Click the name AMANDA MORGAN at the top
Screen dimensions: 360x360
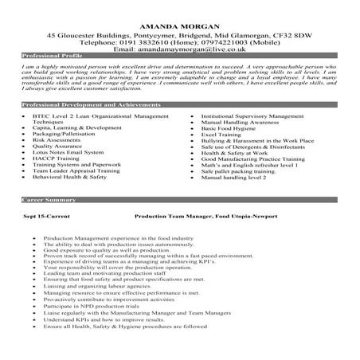[x=179, y=26]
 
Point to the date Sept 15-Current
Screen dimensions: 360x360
[x=45, y=216]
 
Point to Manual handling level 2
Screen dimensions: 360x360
[x=233, y=179]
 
